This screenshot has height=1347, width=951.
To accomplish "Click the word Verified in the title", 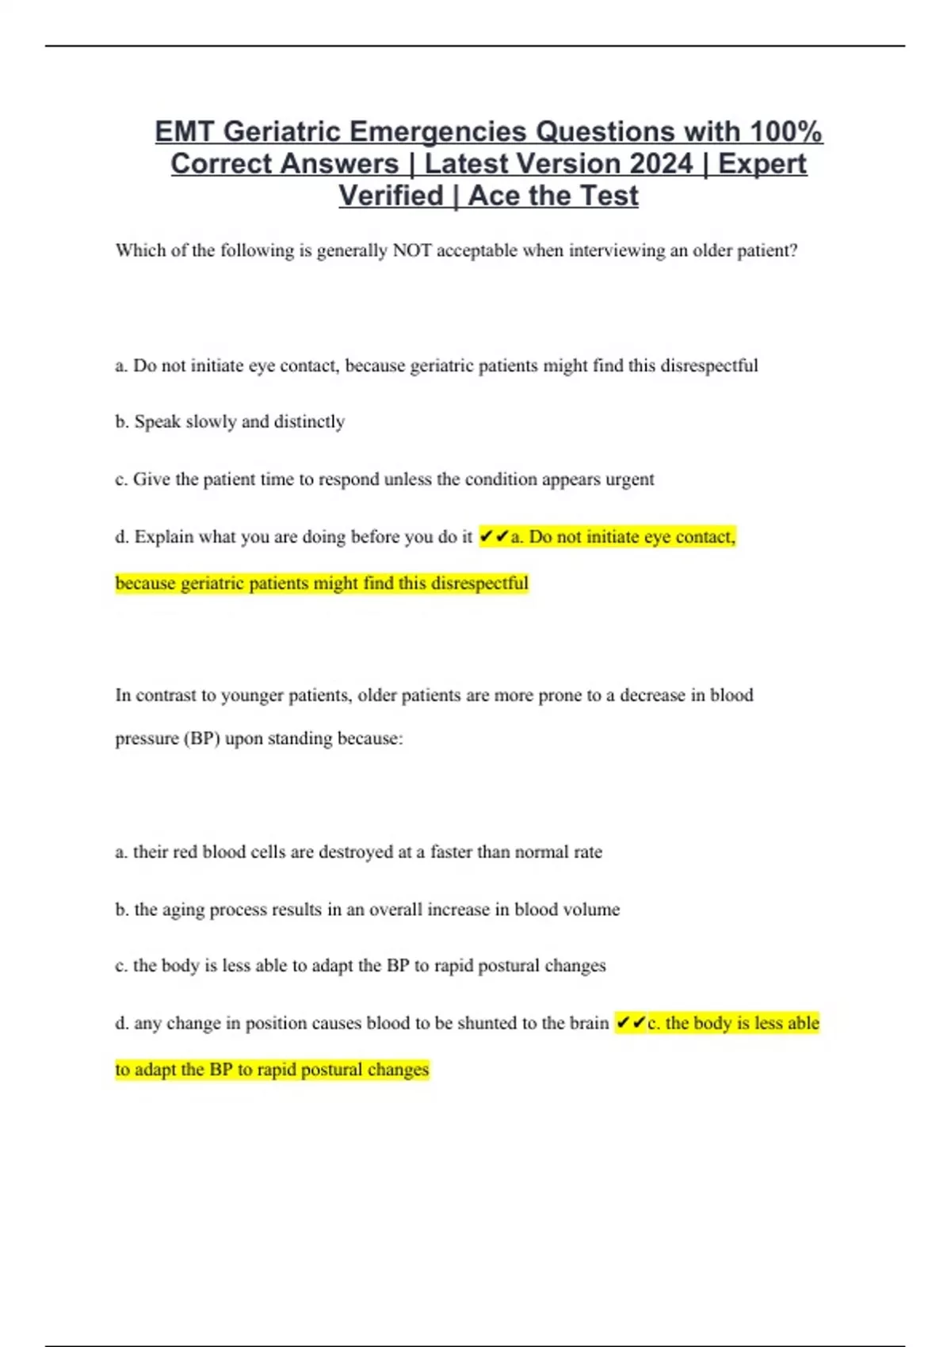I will (x=391, y=196).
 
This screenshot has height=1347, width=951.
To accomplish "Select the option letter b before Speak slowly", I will (x=121, y=422).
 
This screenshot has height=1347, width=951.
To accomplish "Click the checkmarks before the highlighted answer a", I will (x=494, y=537).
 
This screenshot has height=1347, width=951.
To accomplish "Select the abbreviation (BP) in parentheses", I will (x=201, y=738).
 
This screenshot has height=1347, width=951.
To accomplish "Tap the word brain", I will (x=589, y=1023).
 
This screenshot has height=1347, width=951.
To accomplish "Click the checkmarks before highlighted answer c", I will (x=630, y=1023).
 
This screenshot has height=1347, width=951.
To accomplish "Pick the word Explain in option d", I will (x=163, y=537).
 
